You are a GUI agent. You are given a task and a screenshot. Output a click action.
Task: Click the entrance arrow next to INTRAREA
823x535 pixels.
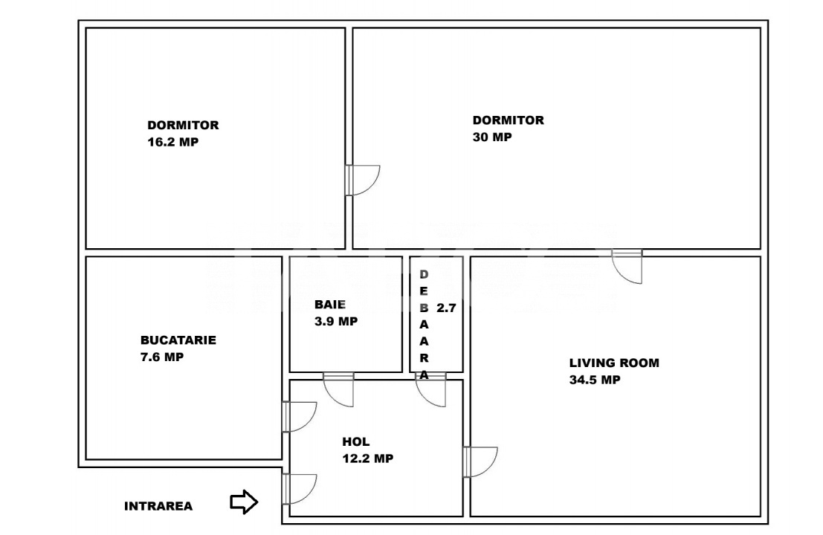click(244, 503)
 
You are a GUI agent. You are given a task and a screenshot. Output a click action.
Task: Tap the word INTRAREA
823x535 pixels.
click(158, 507)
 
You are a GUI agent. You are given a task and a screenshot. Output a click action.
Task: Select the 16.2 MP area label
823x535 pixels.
click(173, 142)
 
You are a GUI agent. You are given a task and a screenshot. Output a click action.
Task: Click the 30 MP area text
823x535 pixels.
click(492, 137)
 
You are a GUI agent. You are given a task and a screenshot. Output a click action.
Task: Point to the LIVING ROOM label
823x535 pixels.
click(614, 363)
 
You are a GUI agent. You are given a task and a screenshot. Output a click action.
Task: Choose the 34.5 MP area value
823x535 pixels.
click(595, 380)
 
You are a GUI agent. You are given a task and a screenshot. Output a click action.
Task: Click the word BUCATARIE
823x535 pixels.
click(178, 340)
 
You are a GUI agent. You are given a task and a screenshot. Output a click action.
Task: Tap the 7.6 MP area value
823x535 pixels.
click(162, 357)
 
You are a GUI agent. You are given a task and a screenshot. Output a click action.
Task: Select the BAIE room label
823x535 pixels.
click(330, 305)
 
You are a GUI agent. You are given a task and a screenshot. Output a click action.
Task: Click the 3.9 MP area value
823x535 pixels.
click(336, 321)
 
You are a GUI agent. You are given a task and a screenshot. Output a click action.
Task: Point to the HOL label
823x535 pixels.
click(356, 442)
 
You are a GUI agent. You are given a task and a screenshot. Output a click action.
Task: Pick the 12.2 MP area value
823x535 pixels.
click(367, 458)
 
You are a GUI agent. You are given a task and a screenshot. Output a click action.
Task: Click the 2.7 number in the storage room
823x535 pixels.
click(446, 308)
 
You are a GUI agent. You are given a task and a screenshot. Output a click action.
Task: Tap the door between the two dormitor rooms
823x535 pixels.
click(362, 180)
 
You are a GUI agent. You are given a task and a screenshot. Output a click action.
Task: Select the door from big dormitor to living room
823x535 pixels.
click(626, 265)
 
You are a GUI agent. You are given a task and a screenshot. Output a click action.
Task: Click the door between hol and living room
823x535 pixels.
click(479, 461)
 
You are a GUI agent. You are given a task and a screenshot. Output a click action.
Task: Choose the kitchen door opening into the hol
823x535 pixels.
click(299, 416)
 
